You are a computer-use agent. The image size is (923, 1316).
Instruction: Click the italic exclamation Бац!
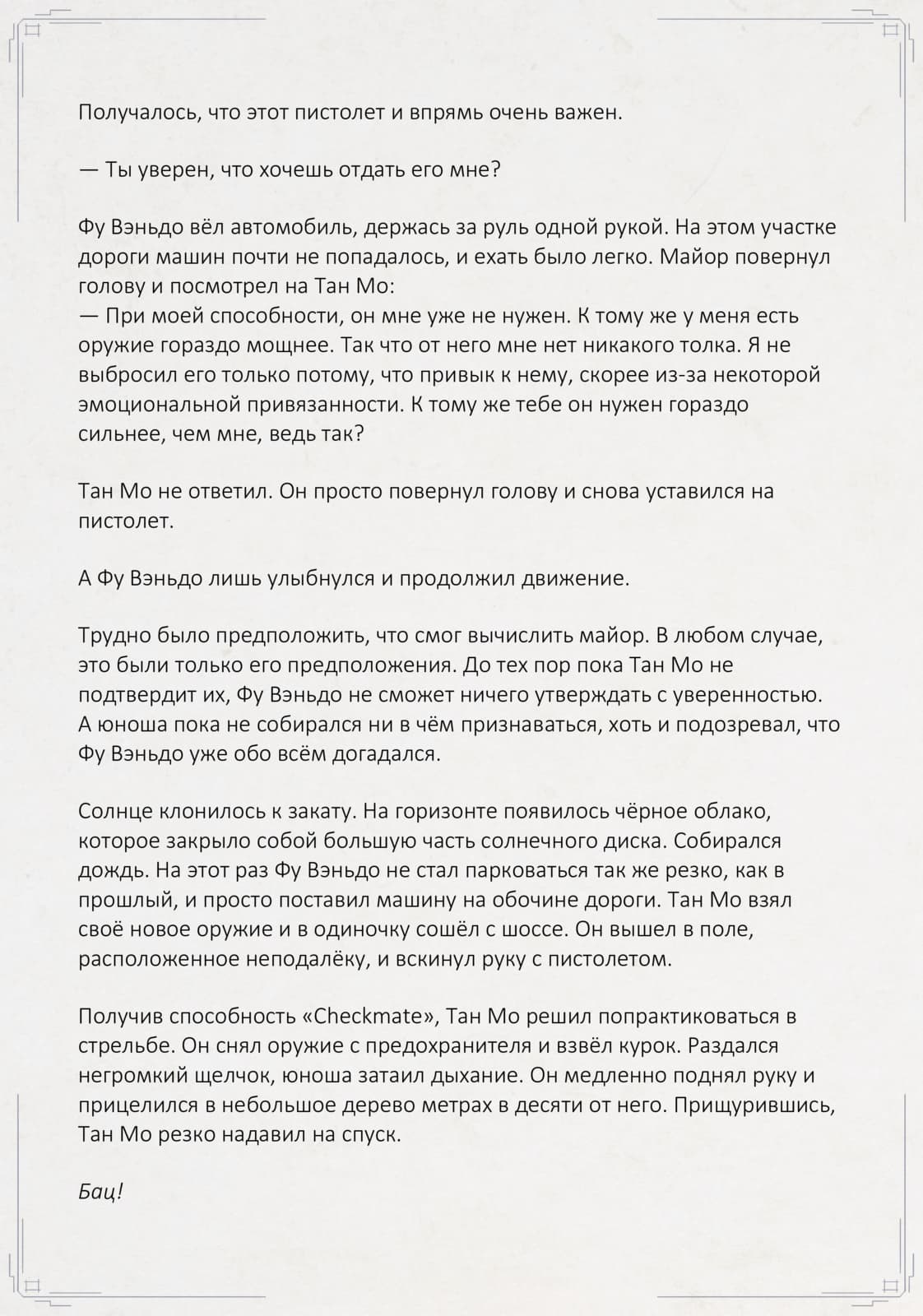100,1192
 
